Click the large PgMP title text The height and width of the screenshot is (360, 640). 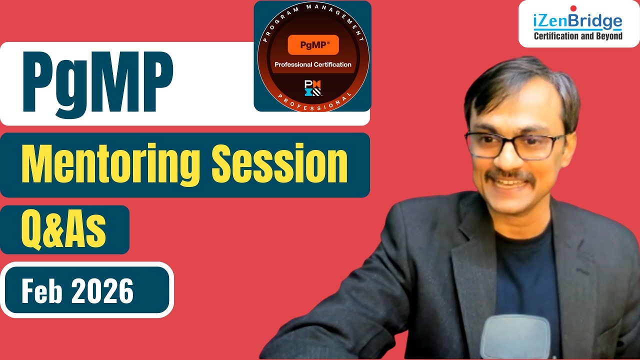pos(98,85)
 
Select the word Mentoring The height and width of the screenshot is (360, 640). pos(110,165)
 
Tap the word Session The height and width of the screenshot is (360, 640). pos(279,163)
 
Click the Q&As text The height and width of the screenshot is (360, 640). pos(63,230)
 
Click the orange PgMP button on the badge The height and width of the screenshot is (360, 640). pos(313,45)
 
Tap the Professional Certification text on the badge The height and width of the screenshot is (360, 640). pos(313,64)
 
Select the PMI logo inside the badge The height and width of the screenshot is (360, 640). pos(312,88)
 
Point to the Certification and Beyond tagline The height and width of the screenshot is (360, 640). pos(578,36)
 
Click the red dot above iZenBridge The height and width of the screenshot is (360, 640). pos(573,8)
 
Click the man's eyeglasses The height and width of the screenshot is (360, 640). pos(514,145)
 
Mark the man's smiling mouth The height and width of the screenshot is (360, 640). pos(509,183)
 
